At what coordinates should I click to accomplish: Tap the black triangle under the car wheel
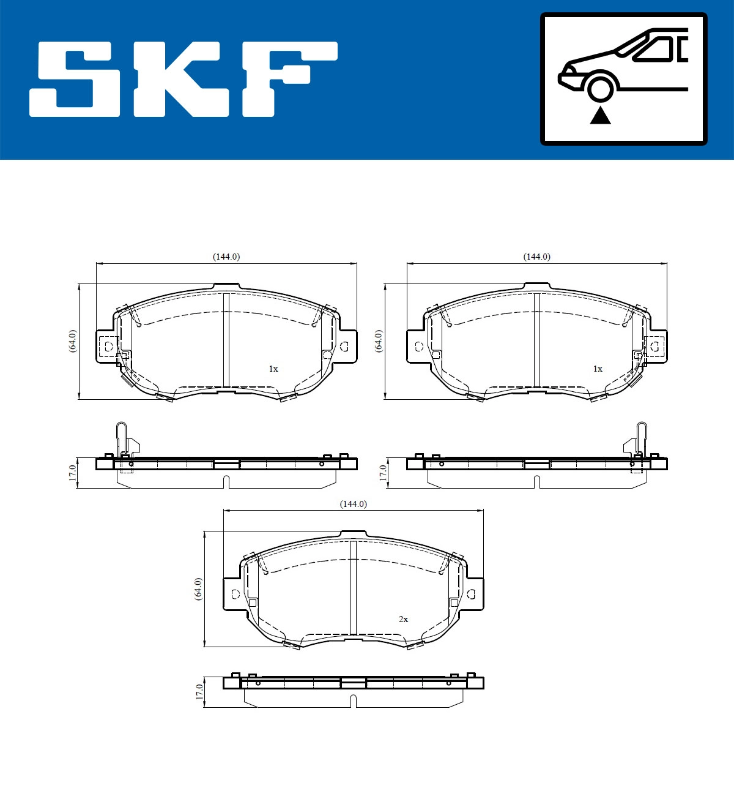tap(600, 115)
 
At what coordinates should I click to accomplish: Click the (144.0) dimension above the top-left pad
tap(226, 257)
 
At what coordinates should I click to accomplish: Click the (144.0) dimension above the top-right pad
tap(536, 257)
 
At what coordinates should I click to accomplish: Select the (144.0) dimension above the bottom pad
tap(354, 504)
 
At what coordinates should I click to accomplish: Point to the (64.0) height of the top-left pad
tap(73, 340)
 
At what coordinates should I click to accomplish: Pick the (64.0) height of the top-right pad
tap(379, 340)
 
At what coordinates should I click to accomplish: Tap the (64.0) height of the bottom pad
tap(198, 588)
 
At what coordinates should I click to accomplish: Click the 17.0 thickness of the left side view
tap(72, 473)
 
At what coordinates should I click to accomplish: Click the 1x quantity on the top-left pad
tap(273, 369)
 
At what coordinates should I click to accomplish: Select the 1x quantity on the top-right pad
tap(598, 369)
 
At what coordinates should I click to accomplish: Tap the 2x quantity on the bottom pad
tap(403, 619)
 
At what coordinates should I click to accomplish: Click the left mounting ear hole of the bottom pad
tap(235, 593)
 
